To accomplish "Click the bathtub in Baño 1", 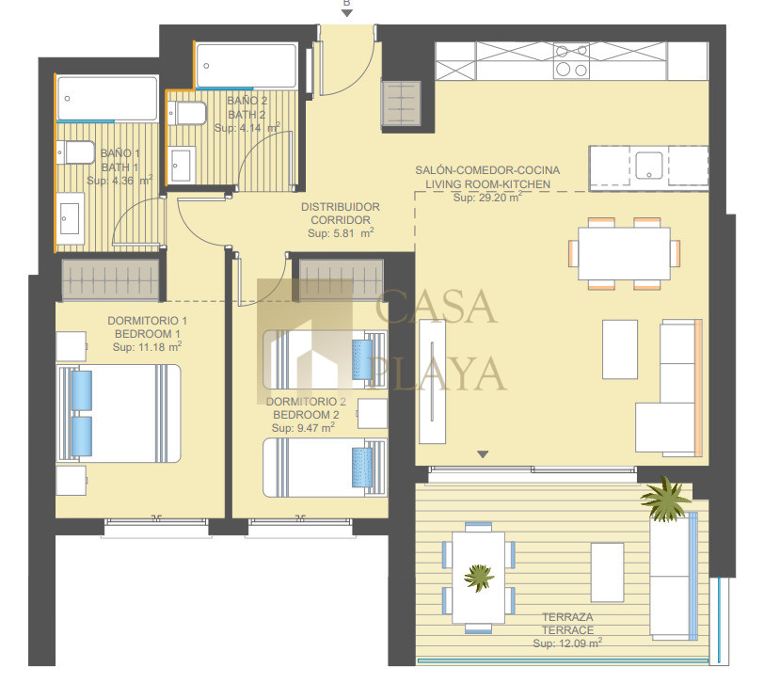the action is click(107, 98).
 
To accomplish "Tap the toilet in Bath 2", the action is click(186, 113).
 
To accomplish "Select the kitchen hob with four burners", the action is click(571, 60).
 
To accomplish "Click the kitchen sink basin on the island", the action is click(648, 166).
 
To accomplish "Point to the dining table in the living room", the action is click(624, 253).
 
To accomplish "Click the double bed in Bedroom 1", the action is click(119, 413).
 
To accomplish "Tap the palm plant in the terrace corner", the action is click(665, 498).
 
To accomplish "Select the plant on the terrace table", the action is click(479, 578).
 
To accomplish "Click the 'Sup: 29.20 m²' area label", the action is click(487, 198).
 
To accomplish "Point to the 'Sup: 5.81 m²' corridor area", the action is click(341, 233).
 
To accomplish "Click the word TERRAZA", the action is click(567, 617).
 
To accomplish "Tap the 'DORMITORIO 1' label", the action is click(147, 321).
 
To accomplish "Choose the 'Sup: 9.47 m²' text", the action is click(303, 427).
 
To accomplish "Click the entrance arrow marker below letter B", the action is click(347, 13).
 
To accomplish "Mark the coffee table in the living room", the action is click(620, 349).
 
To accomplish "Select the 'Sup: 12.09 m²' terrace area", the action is click(567, 643).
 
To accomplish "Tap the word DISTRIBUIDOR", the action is click(341, 207).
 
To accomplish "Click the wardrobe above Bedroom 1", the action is click(111, 280).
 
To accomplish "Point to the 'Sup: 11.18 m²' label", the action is click(147, 346).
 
